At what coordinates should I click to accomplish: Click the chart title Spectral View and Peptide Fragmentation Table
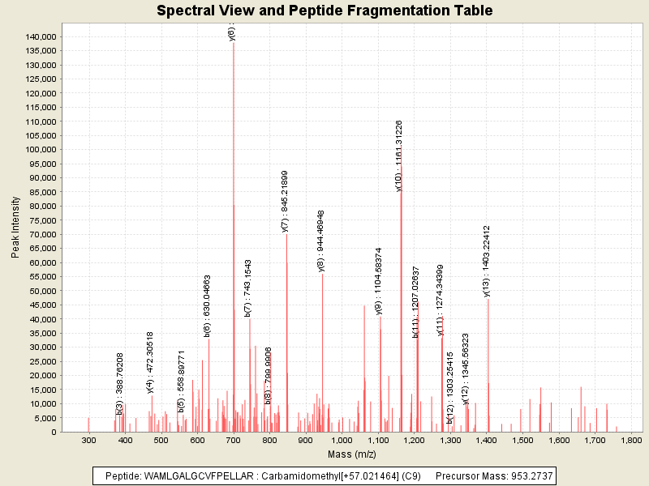324,11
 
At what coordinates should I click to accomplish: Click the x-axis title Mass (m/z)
351,456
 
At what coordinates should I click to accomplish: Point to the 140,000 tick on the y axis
39,36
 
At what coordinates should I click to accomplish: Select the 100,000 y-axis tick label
39,150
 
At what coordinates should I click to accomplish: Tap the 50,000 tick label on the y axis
41,291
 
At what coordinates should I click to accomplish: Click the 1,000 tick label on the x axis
342,440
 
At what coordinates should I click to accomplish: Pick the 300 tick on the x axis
89,440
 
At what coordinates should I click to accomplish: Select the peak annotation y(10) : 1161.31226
399,156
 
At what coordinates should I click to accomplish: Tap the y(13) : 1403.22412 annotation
487,261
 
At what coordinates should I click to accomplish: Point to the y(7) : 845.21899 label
285,201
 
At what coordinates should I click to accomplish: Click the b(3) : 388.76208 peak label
120,383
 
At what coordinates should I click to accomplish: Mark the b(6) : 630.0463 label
208,305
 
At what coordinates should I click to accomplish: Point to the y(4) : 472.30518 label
150,363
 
